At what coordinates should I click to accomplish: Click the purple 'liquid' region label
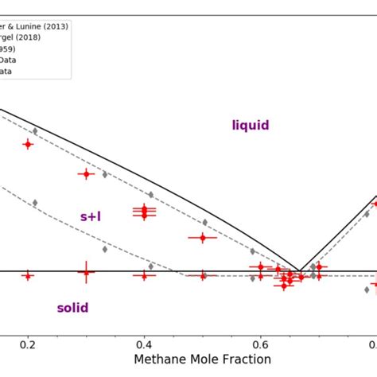click(x=251, y=125)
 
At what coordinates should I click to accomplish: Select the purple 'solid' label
click(x=72, y=308)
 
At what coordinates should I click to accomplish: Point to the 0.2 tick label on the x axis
click(x=28, y=344)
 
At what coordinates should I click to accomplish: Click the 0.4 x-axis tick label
click(x=144, y=344)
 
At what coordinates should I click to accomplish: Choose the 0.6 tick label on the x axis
click(x=260, y=344)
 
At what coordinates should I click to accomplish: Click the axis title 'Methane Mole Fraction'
click(x=191, y=360)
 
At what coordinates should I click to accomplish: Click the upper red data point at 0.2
click(x=28, y=144)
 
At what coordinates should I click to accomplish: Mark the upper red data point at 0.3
click(x=86, y=173)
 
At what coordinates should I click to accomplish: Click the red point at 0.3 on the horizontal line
click(x=86, y=272)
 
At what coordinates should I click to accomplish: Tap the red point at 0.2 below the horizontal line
click(x=28, y=275)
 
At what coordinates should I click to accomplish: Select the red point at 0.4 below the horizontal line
click(x=144, y=275)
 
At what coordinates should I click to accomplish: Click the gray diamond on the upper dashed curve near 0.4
click(x=150, y=194)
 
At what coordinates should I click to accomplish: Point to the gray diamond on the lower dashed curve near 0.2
click(x=35, y=203)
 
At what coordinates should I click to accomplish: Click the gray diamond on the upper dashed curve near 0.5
click(x=204, y=223)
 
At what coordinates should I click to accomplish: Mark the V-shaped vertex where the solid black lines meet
click(x=300, y=271)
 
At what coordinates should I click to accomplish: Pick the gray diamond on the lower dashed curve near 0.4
click(x=150, y=266)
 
